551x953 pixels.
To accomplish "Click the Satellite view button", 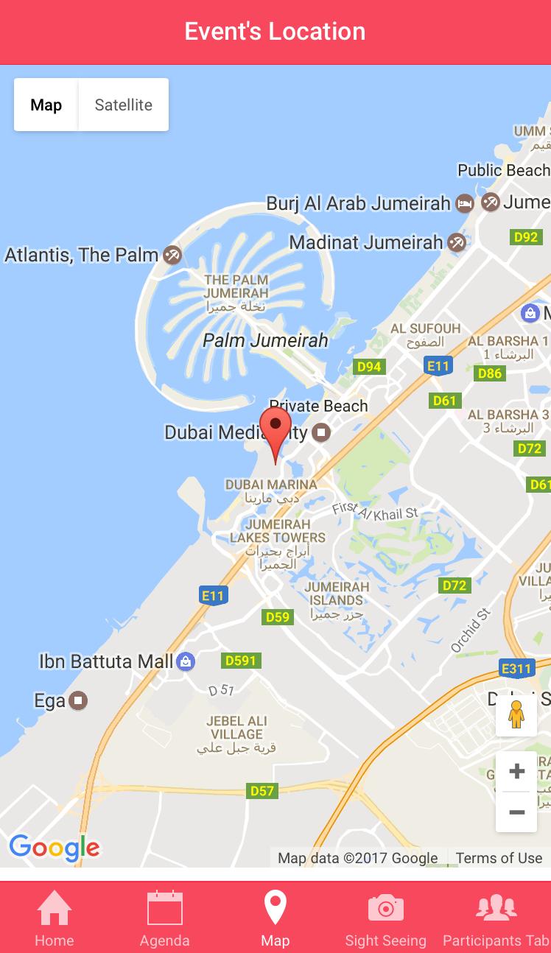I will coord(123,105).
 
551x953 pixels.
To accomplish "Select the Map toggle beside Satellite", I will coord(46,105).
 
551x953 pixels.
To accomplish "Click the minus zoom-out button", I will coord(516,812).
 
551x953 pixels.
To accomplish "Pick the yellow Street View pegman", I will coord(516,714).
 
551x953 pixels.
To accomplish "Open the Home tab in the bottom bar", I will coord(55,917).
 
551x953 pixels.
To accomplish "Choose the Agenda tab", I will coord(165,917).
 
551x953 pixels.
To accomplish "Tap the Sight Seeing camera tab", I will coord(385,917).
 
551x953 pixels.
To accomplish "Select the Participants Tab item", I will coord(496,917).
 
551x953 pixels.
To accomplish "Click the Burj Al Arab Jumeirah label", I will coord(358,203).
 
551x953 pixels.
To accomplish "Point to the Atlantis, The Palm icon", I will coord(172,256).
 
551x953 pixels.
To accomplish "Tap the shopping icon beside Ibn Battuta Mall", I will coord(186,661).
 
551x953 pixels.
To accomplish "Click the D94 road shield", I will coord(369,367).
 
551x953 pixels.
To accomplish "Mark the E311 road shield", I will coord(516,669).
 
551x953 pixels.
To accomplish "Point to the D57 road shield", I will coord(262,791).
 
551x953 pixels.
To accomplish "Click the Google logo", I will coord(54,848).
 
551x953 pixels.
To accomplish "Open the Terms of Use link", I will coord(499,858).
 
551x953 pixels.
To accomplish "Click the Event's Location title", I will coord(275,32).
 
